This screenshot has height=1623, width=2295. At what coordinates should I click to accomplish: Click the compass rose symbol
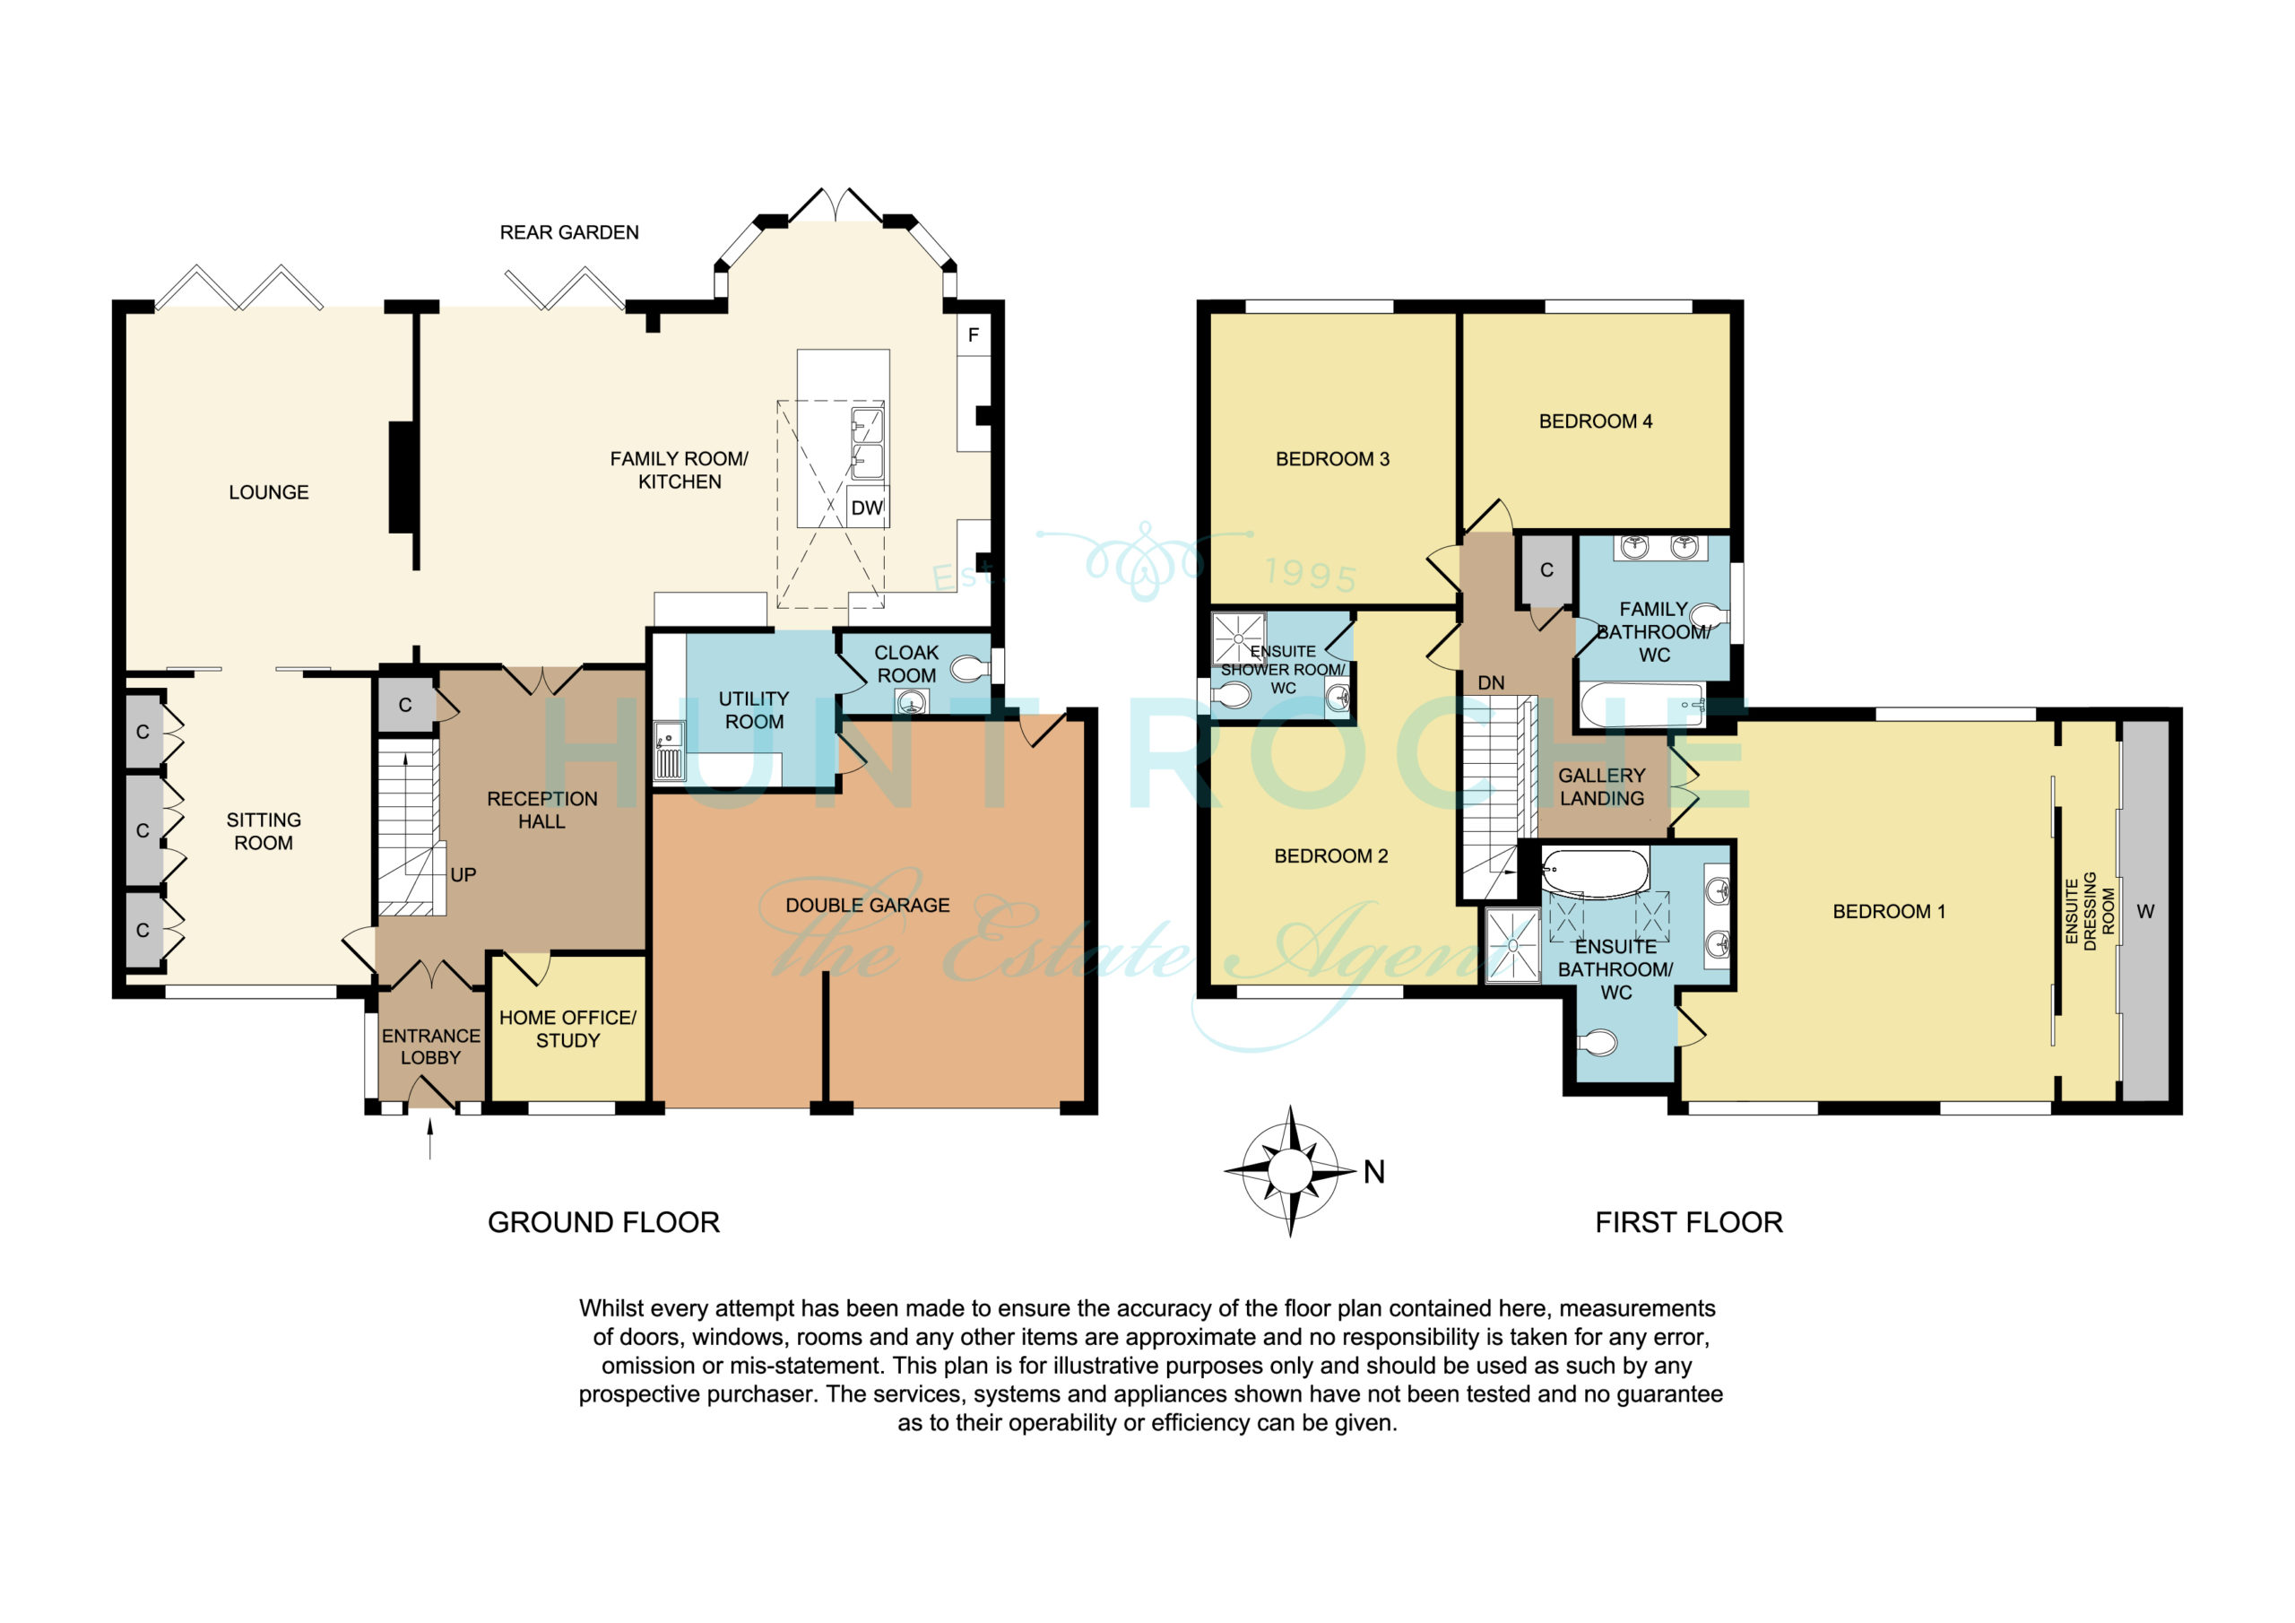coord(1289,1171)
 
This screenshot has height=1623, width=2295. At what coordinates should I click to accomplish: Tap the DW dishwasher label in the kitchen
coord(867,508)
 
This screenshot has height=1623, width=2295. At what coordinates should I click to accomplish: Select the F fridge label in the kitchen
coord(974,335)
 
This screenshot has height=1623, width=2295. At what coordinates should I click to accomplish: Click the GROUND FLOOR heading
coord(603,1222)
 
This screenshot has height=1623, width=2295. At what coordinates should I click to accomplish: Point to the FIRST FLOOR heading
coord(1689,1222)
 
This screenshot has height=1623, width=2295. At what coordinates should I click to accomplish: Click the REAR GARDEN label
coord(568,233)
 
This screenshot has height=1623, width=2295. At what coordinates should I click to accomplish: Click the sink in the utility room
coord(669,750)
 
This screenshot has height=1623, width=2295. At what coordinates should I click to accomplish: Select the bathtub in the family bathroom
coord(1642,705)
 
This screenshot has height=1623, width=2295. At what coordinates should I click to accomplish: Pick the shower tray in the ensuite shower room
coord(1240,639)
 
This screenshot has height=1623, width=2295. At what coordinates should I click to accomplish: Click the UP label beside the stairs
coord(463,875)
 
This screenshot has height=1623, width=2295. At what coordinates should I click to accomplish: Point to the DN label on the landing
coord(1490,683)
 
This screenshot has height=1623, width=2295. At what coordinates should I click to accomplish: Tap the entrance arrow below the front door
coord(431,1139)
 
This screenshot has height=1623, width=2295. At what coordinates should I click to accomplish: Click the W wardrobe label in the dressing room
coord(2145,912)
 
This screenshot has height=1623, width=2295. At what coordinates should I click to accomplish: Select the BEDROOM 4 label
coord(1596,422)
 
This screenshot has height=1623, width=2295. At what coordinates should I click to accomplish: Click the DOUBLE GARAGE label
coord(868,905)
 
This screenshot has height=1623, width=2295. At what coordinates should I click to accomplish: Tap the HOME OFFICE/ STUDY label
coord(567,1029)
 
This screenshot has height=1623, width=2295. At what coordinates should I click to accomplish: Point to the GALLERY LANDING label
coord(1601,787)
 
